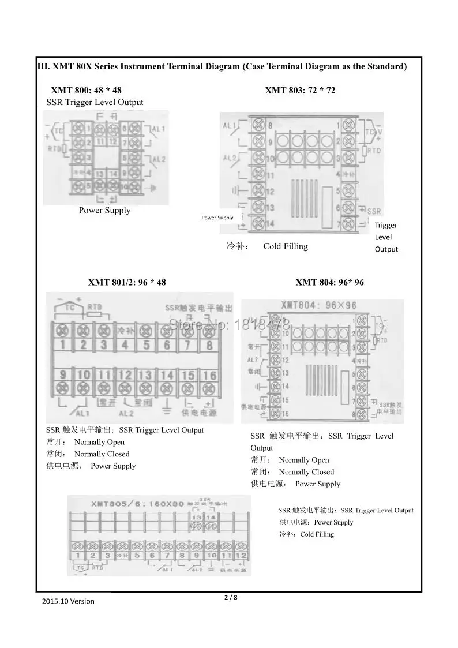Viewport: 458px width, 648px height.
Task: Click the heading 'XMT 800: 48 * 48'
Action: tap(86, 91)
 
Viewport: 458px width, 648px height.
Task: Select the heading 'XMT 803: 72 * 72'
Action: tap(300, 91)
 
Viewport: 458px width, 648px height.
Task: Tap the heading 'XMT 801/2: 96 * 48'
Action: tap(127, 283)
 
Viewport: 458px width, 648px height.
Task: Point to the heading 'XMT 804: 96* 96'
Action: tap(329, 283)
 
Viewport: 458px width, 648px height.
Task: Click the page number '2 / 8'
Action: tap(231, 598)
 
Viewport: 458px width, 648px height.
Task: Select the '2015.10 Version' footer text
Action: tap(68, 601)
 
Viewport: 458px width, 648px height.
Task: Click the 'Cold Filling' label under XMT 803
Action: tap(286, 246)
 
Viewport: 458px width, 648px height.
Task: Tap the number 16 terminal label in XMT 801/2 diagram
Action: tap(209, 375)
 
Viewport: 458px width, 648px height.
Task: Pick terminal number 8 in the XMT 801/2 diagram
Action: tap(209, 345)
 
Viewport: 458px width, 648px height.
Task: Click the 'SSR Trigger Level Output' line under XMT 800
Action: tap(95, 103)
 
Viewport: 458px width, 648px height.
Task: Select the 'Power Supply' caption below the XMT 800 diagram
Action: tap(104, 211)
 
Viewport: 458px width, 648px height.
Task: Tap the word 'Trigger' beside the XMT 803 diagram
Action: tap(386, 226)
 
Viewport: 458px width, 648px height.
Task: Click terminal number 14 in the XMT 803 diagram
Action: tap(269, 223)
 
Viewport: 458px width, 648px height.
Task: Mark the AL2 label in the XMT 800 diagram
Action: tap(159, 159)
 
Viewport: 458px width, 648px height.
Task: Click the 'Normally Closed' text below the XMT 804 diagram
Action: tap(306, 472)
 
